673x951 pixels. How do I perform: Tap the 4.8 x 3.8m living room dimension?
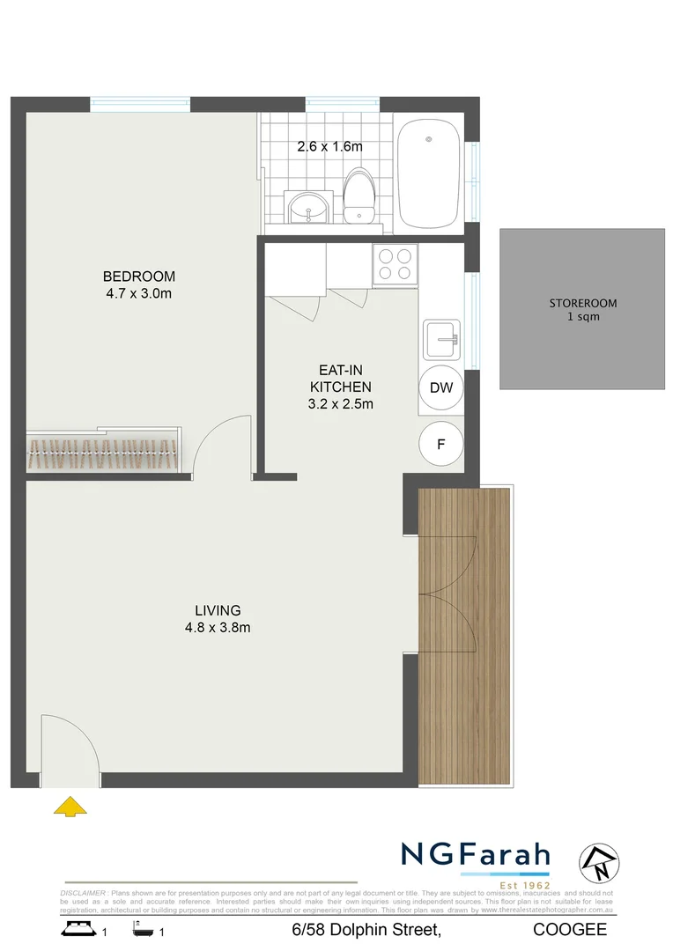(x=218, y=628)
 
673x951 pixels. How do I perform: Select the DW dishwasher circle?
(x=440, y=387)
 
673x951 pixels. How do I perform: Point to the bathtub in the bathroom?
(x=429, y=173)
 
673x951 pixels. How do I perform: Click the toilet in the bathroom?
(x=358, y=195)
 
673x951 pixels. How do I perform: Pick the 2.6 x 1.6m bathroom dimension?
(x=329, y=147)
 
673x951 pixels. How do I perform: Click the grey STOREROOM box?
(x=582, y=309)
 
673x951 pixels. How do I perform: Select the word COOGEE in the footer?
(x=570, y=930)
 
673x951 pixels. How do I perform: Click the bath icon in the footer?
(x=143, y=928)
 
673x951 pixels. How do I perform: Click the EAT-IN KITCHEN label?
(x=340, y=379)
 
